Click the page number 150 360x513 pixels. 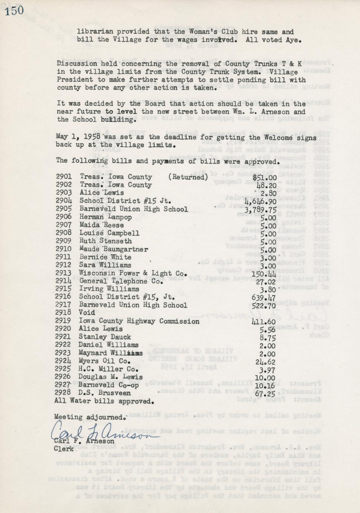tap(14, 10)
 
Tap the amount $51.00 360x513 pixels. tap(265, 178)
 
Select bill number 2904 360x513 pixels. tap(64, 201)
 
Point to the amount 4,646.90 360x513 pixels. tap(260, 201)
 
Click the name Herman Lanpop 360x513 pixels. tap(106, 217)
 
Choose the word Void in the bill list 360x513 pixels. tap(87, 313)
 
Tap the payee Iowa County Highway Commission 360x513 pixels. tap(139, 321)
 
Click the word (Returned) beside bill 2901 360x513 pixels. tap(188, 177)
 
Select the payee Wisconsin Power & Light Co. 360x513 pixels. tap(133, 273)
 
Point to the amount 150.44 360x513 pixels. tap(263, 274)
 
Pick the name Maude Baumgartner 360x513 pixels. tap(114, 249)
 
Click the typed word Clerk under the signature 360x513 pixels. tap(64, 449)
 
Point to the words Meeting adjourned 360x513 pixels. tap(90, 417)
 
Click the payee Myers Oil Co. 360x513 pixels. tap(104, 361)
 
